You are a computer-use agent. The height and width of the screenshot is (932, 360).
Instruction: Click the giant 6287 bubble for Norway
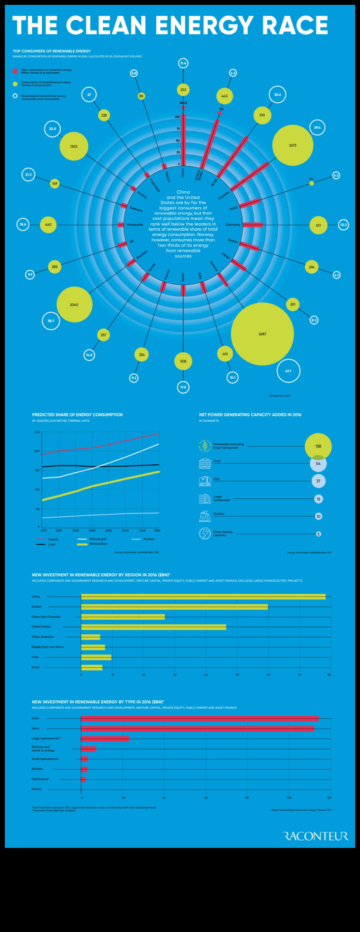262,334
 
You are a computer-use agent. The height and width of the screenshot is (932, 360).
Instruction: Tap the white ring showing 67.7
288,371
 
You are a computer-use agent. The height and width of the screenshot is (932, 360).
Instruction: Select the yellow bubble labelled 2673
292,145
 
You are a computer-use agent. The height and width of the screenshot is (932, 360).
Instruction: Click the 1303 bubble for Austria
74,146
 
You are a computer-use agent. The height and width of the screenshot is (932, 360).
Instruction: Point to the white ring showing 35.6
278,94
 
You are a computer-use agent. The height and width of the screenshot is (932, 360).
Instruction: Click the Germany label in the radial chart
233,225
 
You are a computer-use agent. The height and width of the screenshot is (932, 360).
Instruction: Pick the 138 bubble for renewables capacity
318,446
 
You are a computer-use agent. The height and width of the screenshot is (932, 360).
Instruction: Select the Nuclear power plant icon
205,516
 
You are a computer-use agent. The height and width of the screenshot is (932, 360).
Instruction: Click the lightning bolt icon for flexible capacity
205,534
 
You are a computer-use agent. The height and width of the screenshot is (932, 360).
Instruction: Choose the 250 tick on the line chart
37,432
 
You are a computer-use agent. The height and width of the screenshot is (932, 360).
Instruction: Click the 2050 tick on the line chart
157,530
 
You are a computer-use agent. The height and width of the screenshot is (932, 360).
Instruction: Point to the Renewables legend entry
98,544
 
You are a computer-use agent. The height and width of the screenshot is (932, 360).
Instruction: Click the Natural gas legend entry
98,539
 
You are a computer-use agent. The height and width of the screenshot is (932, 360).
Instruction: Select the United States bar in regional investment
153,627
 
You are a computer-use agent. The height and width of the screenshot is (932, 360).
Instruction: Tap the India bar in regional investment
96,657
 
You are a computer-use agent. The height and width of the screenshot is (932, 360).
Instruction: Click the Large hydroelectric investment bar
105,739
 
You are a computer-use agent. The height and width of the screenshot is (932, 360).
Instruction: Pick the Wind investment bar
197,729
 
